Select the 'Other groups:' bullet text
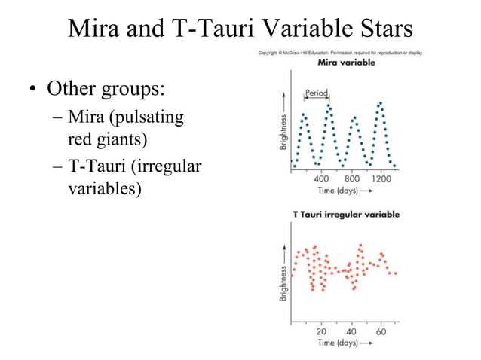pyautogui.click(x=106, y=90)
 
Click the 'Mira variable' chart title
pyautogui.click(x=348, y=63)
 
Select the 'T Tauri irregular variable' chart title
pyautogui.click(x=346, y=215)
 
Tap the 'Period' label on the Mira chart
pyautogui.click(x=316, y=94)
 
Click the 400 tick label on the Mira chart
pyautogui.click(x=322, y=179)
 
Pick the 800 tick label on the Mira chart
pyautogui.click(x=352, y=179)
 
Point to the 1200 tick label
pyautogui.click(x=382, y=179)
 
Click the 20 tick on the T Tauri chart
pyautogui.click(x=322, y=331)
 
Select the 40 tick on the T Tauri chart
pyautogui.click(x=352, y=331)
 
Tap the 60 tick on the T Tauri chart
pyautogui.click(x=381, y=331)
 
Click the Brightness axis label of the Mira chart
pyautogui.click(x=283, y=132)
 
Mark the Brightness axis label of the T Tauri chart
pyautogui.click(x=283, y=283)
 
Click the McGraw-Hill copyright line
pyautogui.click(x=341, y=53)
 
